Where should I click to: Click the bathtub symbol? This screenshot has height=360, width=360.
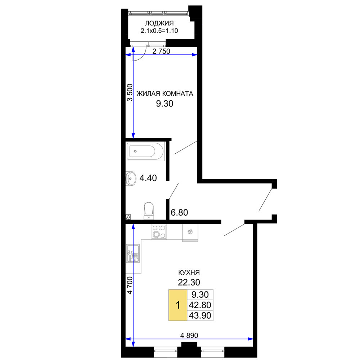(x=145, y=152)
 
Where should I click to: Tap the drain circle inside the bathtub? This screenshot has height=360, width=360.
(x=135, y=152)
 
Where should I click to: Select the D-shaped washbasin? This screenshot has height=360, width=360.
(x=131, y=179)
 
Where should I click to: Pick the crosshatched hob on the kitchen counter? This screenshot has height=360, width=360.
(x=159, y=232)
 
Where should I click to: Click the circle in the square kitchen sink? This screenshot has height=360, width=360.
(x=190, y=231)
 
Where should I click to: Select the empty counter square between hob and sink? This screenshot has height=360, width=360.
(x=175, y=232)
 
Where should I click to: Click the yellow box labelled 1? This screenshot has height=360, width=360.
(x=178, y=305)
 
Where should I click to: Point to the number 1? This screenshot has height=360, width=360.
(x=178, y=305)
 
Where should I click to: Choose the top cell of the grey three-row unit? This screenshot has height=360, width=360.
(x=201, y=294)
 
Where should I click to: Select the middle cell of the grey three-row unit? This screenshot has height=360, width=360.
(x=201, y=305)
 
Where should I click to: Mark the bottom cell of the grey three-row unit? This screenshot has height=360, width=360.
(x=201, y=316)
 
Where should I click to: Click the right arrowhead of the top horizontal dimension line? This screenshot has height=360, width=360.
(x=195, y=55)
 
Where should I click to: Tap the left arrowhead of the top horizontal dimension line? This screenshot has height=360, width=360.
(x=127, y=55)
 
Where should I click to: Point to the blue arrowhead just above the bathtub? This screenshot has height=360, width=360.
(x=133, y=135)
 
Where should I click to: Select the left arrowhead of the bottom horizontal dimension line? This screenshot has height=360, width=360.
(x=128, y=339)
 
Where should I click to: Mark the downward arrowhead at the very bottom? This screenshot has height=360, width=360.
(x=133, y=344)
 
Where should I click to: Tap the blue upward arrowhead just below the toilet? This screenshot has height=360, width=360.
(x=133, y=227)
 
